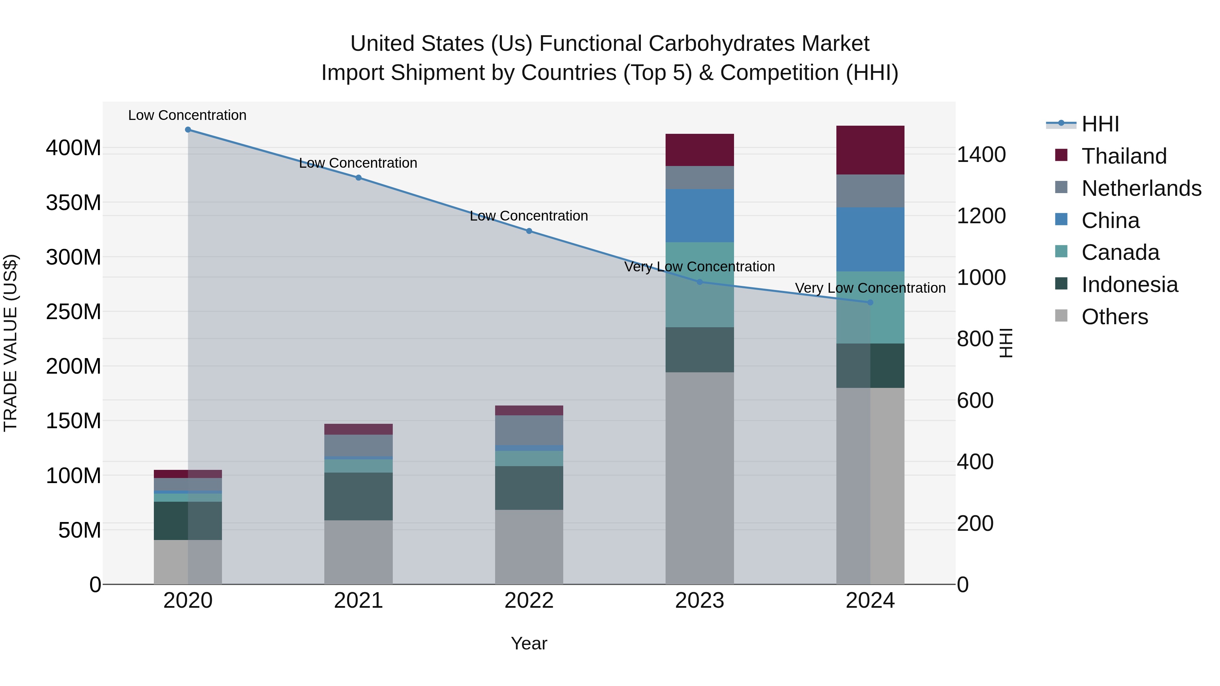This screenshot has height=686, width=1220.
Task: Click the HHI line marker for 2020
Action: [188, 130]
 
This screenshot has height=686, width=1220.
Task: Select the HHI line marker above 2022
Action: [529, 231]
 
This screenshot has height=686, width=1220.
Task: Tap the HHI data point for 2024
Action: [870, 303]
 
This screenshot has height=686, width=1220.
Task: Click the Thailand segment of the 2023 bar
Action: [699, 150]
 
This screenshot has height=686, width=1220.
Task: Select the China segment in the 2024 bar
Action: [870, 240]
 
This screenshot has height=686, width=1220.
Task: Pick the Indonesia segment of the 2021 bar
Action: [359, 496]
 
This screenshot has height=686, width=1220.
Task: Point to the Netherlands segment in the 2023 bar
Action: [699, 178]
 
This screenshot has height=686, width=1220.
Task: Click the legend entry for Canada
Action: [1120, 252]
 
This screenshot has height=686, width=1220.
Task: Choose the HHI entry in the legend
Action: [1100, 124]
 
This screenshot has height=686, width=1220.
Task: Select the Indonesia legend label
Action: [1130, 285]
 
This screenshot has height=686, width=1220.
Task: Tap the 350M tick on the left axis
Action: [74, 203]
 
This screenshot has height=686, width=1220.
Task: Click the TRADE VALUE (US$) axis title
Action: [11, 343]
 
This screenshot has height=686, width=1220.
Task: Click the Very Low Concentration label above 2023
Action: [699, 267]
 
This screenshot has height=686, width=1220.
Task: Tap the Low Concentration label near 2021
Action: [358, 163]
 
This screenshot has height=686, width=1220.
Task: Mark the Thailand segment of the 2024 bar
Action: [870, 150]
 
